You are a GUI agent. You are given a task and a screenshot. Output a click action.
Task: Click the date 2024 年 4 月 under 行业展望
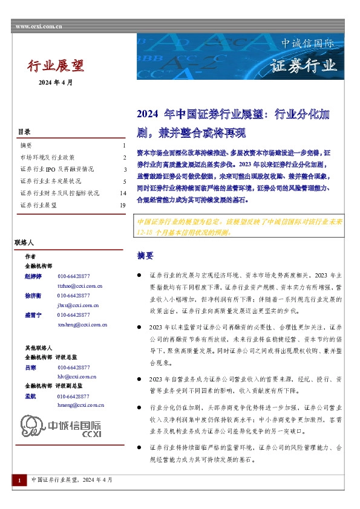click(55, 82)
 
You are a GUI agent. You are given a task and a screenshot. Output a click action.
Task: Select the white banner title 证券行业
click(303, 65)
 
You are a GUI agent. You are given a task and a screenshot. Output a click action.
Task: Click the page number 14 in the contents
click(123, 193)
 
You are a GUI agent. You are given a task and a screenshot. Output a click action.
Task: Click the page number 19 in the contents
click(123, 206)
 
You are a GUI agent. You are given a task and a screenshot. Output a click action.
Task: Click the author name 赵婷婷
click(32, 276)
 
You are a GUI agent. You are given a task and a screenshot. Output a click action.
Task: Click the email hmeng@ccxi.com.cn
click(80, 405)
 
